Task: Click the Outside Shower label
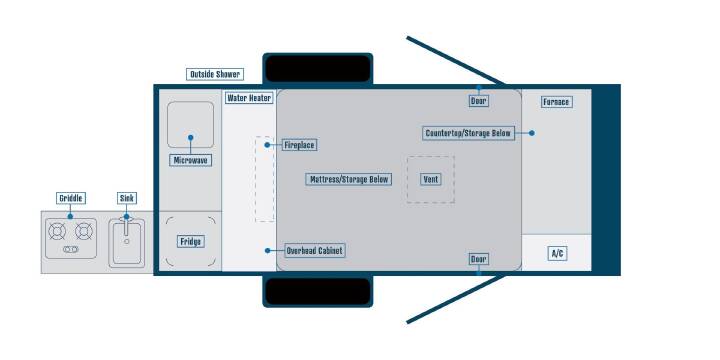click(215, 74)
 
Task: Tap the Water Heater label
click(249, 98)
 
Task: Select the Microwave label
click(191, 160)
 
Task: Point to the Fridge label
click(191, 242)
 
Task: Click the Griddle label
click(71, 198)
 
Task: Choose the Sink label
click(127, 198)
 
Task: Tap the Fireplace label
click(299, 145)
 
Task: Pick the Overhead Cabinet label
click(315, 251)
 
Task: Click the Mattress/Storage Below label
click(349, 179)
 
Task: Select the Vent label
click(431, 179)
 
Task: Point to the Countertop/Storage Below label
click(468, 133)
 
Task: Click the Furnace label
click(556, 102)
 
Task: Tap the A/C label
click(557, 253)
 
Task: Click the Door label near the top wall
click(478, 101)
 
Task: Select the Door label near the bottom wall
click(478, 259)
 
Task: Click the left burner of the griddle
click(57, 231)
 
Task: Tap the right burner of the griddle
click(84, 231)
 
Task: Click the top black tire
click(318, 69)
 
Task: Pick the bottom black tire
click(318, 292)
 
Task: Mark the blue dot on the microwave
click(191, 137)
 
